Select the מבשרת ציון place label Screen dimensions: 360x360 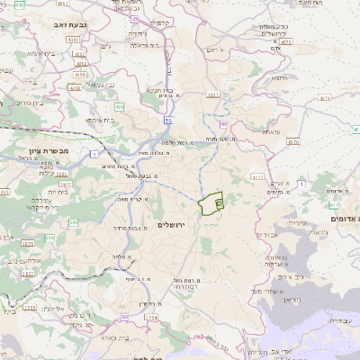[43, 150]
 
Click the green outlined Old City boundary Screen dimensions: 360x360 [212, 203]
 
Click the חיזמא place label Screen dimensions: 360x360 [281, 76]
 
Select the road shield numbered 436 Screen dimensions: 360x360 [212, 93]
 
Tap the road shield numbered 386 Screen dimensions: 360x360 [49, 238]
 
